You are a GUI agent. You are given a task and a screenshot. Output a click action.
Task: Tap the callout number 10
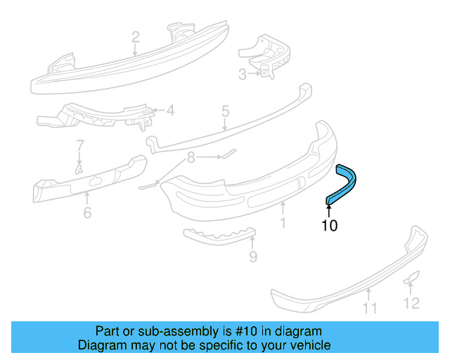(329, 226)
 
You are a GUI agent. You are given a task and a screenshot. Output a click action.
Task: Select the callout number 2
(135, 37)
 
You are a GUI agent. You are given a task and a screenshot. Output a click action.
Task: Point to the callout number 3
(242, 74)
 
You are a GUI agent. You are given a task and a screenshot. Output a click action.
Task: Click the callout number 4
(169, 110)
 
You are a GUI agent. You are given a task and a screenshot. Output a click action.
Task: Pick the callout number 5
(225, 110)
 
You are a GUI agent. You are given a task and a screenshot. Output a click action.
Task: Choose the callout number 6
(86, 211)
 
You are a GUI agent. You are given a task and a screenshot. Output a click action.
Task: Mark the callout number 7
(79, 146)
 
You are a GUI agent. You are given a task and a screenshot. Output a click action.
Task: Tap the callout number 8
(190, 159)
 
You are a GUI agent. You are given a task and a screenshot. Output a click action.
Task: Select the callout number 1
(282, 223)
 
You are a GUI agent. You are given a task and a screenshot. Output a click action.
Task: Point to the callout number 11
(370, 307)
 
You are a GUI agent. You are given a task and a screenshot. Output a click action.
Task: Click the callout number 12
(411, 302)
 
